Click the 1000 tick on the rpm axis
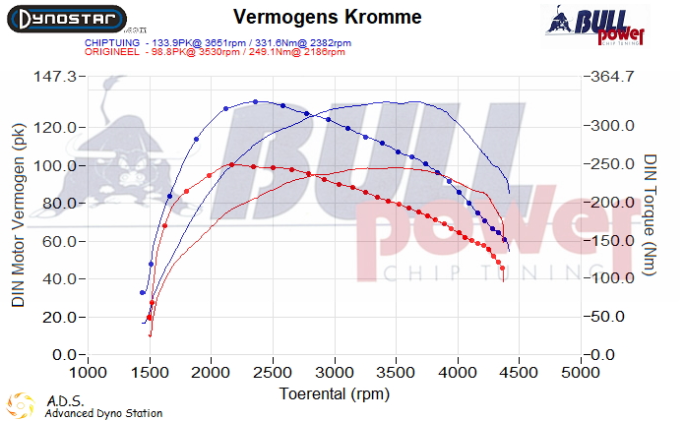click(x=89, y=375)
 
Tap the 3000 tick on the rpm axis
click(x=335, y=375)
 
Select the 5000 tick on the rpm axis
click(x=581, y=375)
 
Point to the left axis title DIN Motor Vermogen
click(x=18, y=214)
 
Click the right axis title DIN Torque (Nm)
click(x=651, y=214)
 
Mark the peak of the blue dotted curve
click(x=256, y=101)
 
